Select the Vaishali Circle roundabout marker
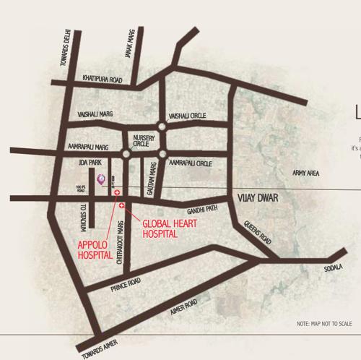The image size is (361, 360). click(162, 126)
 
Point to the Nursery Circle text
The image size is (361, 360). click(139, 140)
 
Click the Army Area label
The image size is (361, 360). click(306, 173)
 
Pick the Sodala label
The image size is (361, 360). click(334, 267)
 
